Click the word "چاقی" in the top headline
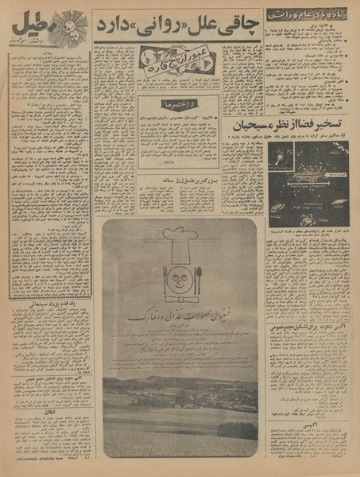240,25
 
